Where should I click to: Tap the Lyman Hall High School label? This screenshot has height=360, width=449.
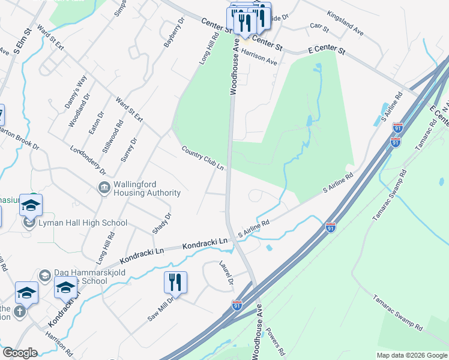tap(82, 223)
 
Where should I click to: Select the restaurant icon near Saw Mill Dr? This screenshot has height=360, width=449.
tap(175, 281)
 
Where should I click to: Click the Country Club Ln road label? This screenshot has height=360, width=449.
tap(203, 158)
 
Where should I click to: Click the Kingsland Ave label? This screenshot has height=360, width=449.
tap(346, 22)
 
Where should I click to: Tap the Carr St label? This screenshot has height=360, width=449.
tap(319, 28)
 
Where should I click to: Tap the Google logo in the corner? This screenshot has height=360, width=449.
tap(19, 353)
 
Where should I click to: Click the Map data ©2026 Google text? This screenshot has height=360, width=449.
tap(411, 355)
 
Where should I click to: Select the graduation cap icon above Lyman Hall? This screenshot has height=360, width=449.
tap(31, 205)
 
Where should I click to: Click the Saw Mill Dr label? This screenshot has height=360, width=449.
tap(161, 308)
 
